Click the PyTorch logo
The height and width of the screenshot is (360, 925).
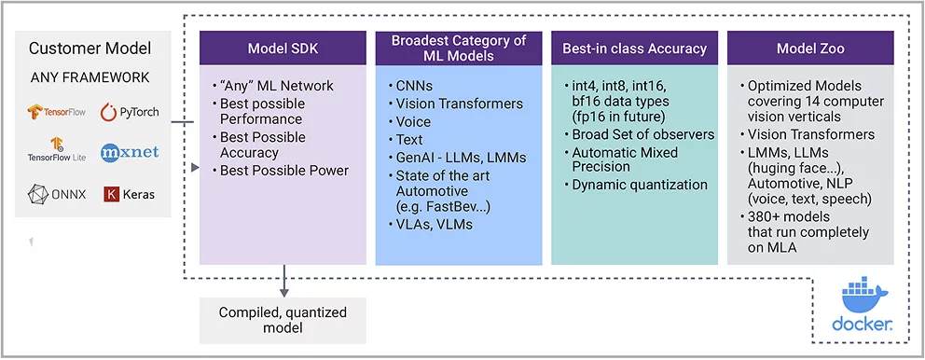pos(130,112)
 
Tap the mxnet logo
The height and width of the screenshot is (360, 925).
pos(130,153)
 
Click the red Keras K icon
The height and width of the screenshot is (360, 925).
pos(112,194)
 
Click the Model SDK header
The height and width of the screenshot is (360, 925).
pos(283,48)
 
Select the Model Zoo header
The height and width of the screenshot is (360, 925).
pos(810,48)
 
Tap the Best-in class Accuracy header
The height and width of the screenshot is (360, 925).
pos(634,48)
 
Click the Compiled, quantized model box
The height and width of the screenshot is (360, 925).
pos(283,321)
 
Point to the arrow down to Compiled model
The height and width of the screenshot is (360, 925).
pos(284,281)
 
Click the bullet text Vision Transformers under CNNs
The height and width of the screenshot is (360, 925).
pos(460,104)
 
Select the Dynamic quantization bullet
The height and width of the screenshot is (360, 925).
pos(640,185)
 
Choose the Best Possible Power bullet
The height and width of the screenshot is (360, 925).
pos(284,171)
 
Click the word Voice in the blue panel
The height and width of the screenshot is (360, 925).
pos(413,122)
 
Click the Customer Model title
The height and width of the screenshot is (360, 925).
pos(90,48)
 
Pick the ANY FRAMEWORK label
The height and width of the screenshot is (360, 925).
pos(90,78)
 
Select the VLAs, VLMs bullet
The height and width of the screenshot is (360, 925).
pos(435,225)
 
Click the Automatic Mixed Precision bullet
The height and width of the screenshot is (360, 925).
pos(625,159)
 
